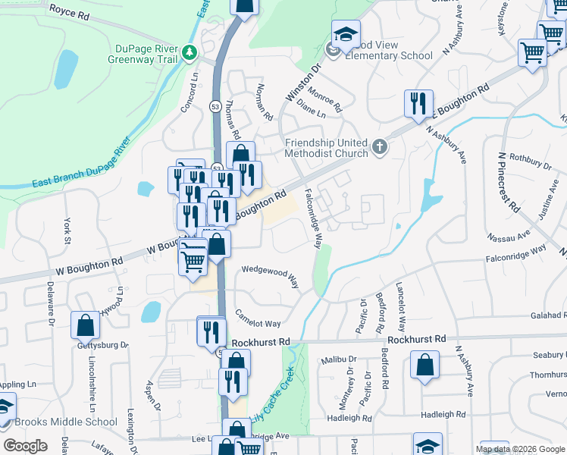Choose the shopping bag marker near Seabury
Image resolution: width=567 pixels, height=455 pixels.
coord(424,364)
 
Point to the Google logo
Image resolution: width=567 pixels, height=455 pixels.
coord(25,446)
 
